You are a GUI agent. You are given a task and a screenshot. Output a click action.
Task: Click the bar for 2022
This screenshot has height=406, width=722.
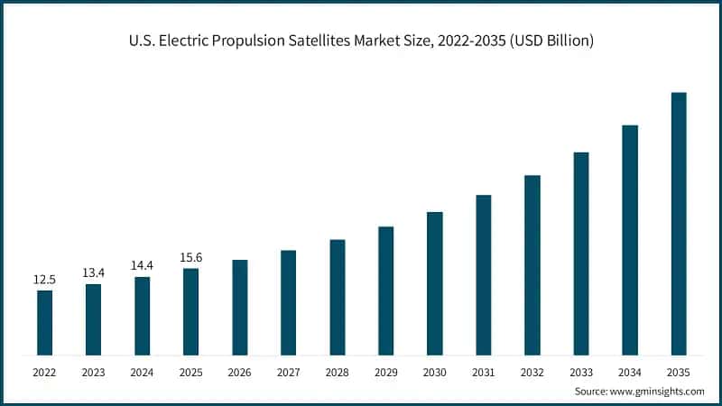click(x=44, y=322)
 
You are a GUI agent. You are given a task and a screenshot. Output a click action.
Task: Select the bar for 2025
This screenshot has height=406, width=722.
click(x=190, y=311)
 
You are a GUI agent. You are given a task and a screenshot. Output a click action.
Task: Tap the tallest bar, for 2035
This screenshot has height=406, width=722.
click(x=679, y=223)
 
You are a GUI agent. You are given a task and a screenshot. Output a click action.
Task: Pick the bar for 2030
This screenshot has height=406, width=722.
click(x=435, y=283)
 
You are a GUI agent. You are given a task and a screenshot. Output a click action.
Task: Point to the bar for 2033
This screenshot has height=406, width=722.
click(x=581, y=254)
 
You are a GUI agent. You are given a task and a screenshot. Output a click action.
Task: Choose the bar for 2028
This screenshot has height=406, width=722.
click(x=338, y=297)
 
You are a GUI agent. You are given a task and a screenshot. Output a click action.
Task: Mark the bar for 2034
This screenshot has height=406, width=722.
click(x=630, y=240)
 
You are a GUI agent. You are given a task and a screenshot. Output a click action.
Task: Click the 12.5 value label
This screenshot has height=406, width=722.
click(x=44, y=280)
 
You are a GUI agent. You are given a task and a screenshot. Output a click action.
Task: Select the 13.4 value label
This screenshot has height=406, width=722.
click(x=93, y=273)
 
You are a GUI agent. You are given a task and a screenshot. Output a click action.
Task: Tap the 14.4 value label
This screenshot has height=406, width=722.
click(x=142, y=267)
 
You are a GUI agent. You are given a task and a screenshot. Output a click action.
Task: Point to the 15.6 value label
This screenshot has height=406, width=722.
click(x=190, y=258)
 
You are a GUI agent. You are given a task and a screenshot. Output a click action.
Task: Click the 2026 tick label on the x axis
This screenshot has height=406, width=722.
click(x=239, y=372)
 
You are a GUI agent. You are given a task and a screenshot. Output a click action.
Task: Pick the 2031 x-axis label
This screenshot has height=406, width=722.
click(x=484, y=372)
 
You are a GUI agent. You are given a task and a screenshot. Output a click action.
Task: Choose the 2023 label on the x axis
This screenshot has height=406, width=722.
click(x=93, y=372)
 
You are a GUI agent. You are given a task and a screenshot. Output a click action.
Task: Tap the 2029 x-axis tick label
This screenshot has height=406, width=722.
click(x=386, y=372)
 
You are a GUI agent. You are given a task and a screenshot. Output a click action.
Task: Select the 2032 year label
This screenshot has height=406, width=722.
click(x=532, y=372)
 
